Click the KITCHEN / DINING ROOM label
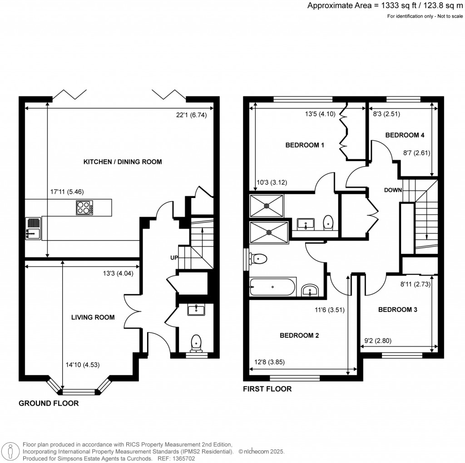point(123,162)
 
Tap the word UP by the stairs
point(174,258)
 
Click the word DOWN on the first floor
point(392,190)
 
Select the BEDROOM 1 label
point(305,145)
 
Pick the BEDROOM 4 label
point(405,135)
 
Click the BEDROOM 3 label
point(398,310)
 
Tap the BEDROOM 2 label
point(299,335)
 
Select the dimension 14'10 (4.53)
point(82,364)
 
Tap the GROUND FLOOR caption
point(49,403)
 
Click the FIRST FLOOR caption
point(267,389)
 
